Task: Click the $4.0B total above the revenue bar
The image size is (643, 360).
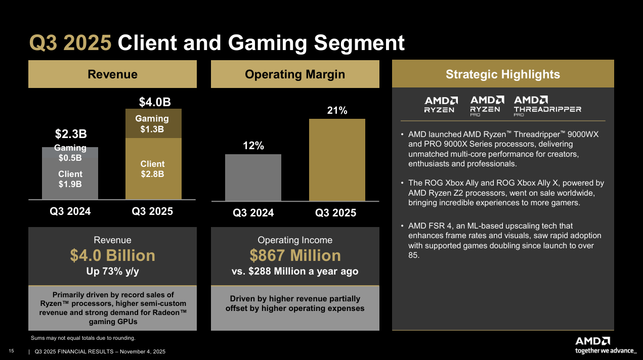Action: (x=154, y=102)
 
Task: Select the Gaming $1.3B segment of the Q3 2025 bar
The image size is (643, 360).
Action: (x=152, y=124)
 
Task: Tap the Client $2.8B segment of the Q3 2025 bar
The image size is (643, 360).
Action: (x=152, y=169)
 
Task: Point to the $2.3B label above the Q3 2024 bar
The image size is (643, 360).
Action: (x=70, y=134)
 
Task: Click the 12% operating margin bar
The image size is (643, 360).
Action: (x=253, y=177)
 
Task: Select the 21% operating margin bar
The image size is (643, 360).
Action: (x=337, y=160)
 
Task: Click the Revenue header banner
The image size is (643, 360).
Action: (x=112, y=74)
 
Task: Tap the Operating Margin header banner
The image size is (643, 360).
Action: (x=295, y=74)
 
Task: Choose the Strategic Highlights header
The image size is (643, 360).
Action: (x=503, y=74)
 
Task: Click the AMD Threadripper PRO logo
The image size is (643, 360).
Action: (x=547, y=106)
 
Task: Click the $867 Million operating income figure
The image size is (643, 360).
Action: (x=295, y=255)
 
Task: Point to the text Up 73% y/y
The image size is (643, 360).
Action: (x=112, y=272)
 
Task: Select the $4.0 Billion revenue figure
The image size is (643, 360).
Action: (x=112, y=255)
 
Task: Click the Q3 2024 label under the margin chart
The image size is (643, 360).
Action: (x=253, y=213)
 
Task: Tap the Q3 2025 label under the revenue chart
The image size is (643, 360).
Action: (x=152, y=211)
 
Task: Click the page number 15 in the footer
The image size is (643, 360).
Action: (x=11, y=351)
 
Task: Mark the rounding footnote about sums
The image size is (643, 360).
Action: (x=83, y=338)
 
